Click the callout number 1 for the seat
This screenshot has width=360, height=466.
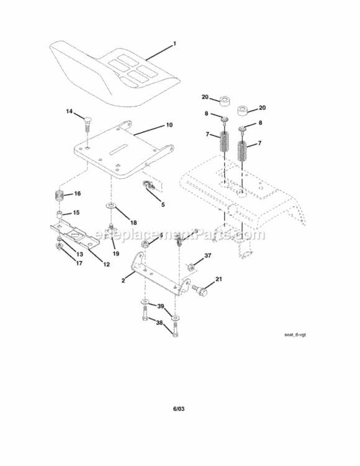coord(175,43)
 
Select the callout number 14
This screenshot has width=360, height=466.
coord(70,111)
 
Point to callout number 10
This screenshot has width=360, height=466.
coord(169,125)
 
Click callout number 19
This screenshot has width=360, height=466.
coord(115,254)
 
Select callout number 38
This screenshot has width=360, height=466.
coord(160,322)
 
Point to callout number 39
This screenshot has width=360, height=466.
coord(160,307)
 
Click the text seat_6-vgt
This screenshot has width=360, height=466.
coord(294,335)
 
